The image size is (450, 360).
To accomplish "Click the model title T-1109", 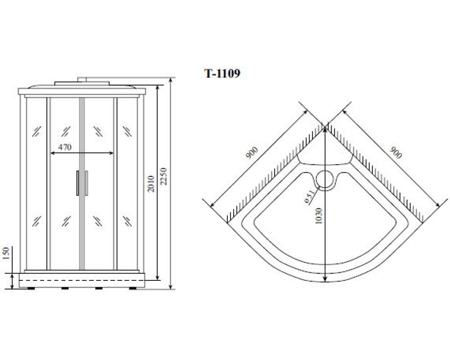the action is (x=222, y=74).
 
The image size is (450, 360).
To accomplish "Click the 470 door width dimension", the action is (x=65, y=147).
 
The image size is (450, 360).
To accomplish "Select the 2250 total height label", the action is (x=163, y=176).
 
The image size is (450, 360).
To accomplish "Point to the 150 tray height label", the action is (x=7, y=253).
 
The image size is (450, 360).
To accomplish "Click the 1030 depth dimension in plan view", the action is (x=319, y=216).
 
